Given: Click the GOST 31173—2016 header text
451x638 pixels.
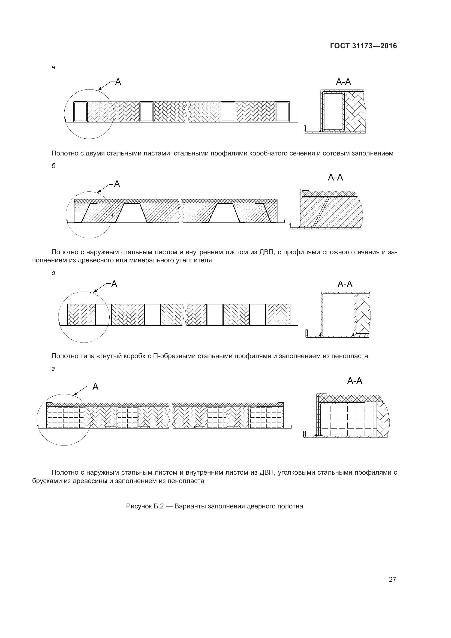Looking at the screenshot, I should point(363,46).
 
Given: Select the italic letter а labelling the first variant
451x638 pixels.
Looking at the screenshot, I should point(53,68).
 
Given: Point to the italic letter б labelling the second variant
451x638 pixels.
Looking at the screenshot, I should point(53,166).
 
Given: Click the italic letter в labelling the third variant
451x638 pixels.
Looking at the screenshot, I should point(53,273).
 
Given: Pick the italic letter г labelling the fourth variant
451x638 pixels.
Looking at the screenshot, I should point(53,369).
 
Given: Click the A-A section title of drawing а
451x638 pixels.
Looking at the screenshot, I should point(343,82).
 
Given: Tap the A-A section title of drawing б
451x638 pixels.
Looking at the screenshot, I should point(335,178).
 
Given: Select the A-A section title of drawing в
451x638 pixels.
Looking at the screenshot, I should point(345,284).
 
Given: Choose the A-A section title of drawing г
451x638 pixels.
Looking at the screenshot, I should point(354,381).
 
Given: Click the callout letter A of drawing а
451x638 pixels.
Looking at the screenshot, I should point(118,82).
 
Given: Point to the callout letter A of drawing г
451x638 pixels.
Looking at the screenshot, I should point(95,387).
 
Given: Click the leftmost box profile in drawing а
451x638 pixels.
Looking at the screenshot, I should point(80,112).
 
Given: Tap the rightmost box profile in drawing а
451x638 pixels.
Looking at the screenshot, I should point(282,112).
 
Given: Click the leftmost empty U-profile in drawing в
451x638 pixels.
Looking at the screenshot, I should point(103,314).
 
